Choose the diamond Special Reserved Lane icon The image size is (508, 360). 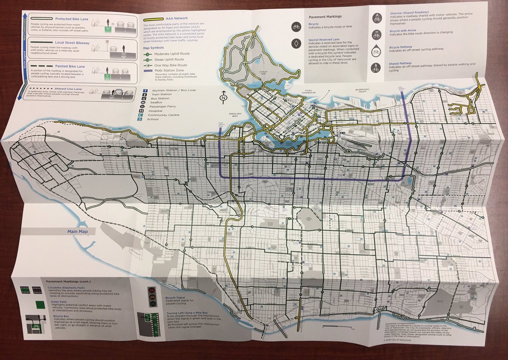(295, 43)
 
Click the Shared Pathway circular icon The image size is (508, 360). (375, 66)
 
